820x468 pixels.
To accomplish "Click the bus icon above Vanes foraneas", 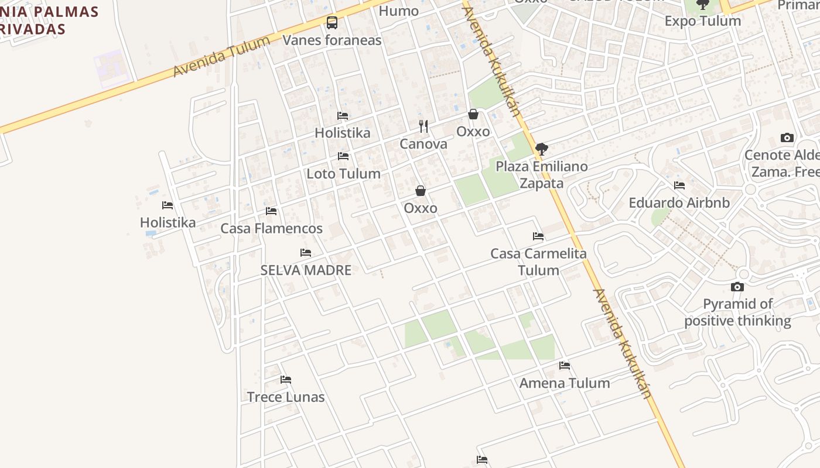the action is [332, 23].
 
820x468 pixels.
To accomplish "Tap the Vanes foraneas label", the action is [332, 40].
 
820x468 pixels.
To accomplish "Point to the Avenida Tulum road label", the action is [222, 56].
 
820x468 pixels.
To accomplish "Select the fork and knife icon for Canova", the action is [423, 126].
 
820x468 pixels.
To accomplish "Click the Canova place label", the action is [423, 144].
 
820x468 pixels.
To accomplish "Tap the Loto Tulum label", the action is [343, 174].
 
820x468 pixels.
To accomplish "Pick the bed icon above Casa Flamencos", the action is [271, 211].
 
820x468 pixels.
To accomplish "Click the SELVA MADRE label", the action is [306, 270].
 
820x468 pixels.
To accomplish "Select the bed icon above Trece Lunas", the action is [286, 380].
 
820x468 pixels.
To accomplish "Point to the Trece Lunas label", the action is [286, 397].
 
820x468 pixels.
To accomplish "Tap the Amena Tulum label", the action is [565, 383].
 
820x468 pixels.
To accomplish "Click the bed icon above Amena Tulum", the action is [565, 366].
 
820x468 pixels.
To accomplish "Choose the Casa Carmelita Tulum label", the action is [538, 262].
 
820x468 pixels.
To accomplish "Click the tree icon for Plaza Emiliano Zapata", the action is [542, 149].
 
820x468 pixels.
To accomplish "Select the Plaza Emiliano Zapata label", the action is [542, 175].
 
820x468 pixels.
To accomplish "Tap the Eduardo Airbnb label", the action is [679, 203].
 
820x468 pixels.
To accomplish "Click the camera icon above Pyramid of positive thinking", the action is [737, 287].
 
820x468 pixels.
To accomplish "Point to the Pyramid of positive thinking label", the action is [737, 312].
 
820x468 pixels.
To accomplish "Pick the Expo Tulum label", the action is [702, 21].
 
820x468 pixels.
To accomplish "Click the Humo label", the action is [399, 11].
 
